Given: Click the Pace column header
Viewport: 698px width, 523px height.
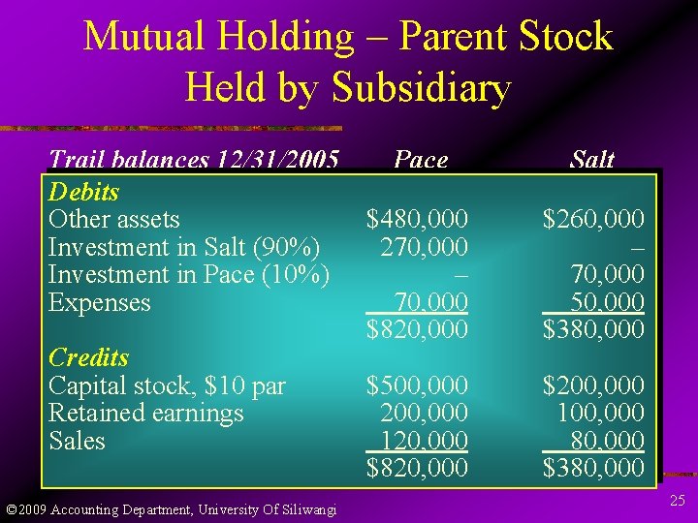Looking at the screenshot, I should point(421,160).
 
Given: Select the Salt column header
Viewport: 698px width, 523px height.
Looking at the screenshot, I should point(591,160).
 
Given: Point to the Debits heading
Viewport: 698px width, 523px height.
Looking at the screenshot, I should point(83,192).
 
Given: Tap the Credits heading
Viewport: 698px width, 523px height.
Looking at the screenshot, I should point(88,357).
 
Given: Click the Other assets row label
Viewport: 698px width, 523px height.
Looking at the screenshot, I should point(113,220).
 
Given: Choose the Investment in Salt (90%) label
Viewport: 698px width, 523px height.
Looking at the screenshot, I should point(184,247).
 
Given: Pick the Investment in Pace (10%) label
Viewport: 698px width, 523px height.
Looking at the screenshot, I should point(189,275).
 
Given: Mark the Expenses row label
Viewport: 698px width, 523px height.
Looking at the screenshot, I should point(99,303).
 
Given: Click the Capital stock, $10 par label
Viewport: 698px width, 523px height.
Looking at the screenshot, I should point(167,385).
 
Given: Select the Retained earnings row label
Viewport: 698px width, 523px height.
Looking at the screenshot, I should point(145,414).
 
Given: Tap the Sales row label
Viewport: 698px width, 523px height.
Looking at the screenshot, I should point(77,442).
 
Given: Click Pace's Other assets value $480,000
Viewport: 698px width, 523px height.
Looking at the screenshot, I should point(417,220).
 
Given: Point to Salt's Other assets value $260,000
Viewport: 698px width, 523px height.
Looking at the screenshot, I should point(592,220).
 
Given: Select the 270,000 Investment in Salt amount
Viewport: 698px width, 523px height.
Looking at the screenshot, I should point(425,247).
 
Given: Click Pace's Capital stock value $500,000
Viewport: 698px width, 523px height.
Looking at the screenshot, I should point(417,385).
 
